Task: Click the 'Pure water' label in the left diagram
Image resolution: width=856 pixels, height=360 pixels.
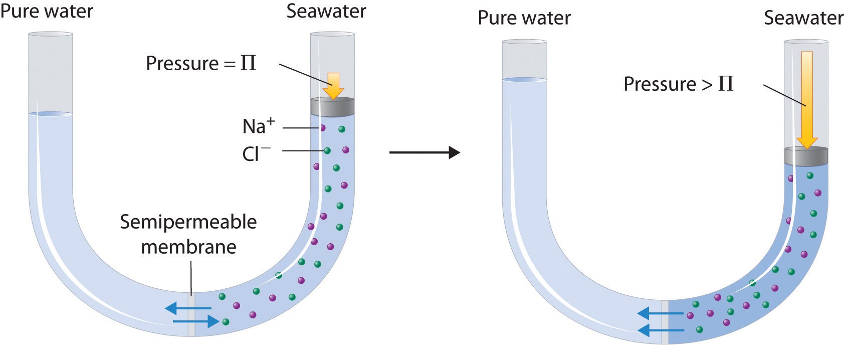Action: click(x=47, y=11)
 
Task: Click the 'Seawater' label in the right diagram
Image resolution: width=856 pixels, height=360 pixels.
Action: click(x=803, y=18)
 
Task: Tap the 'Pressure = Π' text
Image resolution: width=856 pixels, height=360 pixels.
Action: click(x=200, y=64)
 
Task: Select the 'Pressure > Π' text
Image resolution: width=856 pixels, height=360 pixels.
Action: click(x=678, y=84)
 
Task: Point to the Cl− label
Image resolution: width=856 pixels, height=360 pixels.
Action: click(x=256, y=152)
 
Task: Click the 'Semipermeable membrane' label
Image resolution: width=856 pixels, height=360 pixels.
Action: click(x=188, y=234)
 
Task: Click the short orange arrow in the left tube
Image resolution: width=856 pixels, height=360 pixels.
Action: click(x=333, y=85)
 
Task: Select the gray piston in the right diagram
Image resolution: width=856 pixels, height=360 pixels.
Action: click(x=806, y=156)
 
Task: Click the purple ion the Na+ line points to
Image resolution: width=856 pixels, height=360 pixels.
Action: click(x=322, y=128)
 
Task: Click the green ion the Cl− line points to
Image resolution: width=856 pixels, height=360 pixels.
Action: click(x=327, y=150)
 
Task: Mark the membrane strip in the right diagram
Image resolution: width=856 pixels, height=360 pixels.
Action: click(x=665, y=322)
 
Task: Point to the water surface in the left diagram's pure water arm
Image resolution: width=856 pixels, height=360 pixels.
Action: click(x=51, y=114)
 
